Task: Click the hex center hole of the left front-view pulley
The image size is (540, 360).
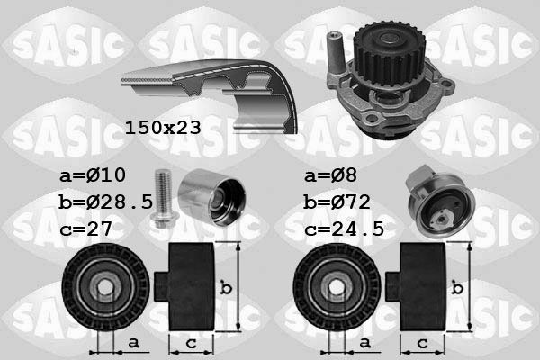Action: [x=105, y=288]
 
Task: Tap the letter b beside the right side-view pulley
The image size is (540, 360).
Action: [x=459, y=288]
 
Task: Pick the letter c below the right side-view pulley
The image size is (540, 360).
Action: [x=421, y=344]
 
